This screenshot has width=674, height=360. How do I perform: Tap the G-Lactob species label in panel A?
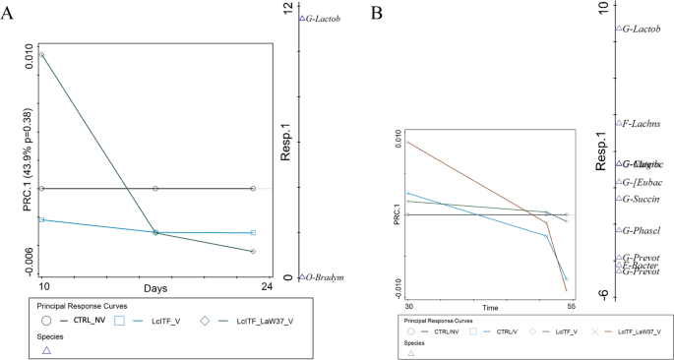click(323, 18)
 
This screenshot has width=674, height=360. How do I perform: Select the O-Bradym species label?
click(324, 277)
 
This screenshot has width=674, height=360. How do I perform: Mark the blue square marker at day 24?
click(254, 232)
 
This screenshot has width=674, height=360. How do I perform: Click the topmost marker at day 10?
click(40, 53)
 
